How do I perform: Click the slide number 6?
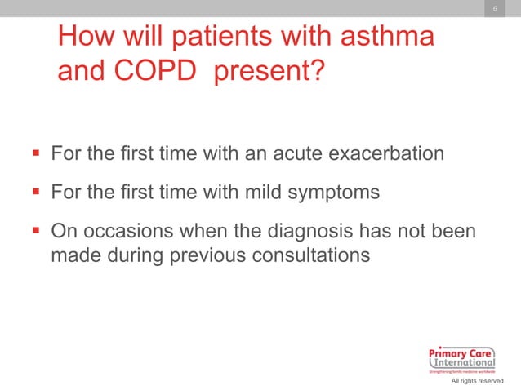(493, 9)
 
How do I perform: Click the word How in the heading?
(86, 38)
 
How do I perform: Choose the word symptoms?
(334, 193)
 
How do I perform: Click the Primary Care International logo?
(461, 357)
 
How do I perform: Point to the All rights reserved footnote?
(477, 381)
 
